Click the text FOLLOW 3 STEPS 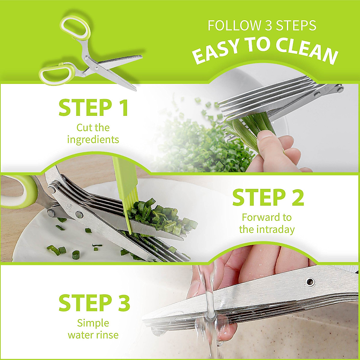pyautogui.click(x=262, y=26)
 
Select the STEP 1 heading pyautogui.click(x=94, y=108)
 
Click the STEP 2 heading pyautogui.click(x=268, y=198)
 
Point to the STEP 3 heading pyautogui.click(x=94, y=303)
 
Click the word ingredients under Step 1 pyautogui.click(x=93, y=139)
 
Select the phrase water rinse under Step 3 pyautogui.click(x=93, y=335)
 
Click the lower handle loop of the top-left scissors pyautogui.click(x=57, y=73)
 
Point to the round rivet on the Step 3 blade pyautogui.click(x=310, y=281)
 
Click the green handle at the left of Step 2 pyautogui.click(x=18, y=192)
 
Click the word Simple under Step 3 pyautogui.click(x=93, y=323)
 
